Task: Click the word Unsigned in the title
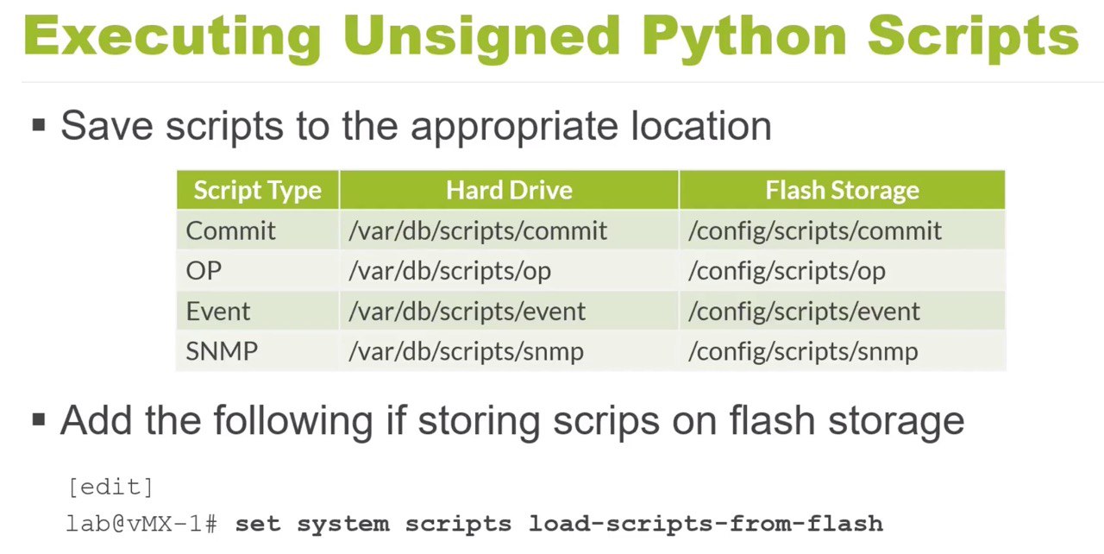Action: click(480, 37)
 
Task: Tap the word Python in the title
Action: click(743, 37)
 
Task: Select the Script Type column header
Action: click(257, 191)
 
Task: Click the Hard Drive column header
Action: click(509, 190)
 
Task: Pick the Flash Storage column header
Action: click(843, 191)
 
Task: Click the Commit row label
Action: click(230, 230)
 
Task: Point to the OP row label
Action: click(204, 271)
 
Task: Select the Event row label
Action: click(218, 311)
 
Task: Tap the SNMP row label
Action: click(222, 351)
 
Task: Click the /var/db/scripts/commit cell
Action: click(478, 230)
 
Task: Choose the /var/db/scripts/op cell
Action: click(449, 271)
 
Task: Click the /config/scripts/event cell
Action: click(804, 312)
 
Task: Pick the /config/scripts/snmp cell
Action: click(803, 352)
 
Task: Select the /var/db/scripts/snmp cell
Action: click(466, 352)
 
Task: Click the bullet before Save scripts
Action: click(39, 125)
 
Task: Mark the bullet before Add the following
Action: click(39, 420)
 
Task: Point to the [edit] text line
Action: click(110, 488)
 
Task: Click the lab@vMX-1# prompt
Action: click(141, 524)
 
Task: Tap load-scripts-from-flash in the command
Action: click(706, 524)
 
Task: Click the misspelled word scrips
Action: click(606, 421)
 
